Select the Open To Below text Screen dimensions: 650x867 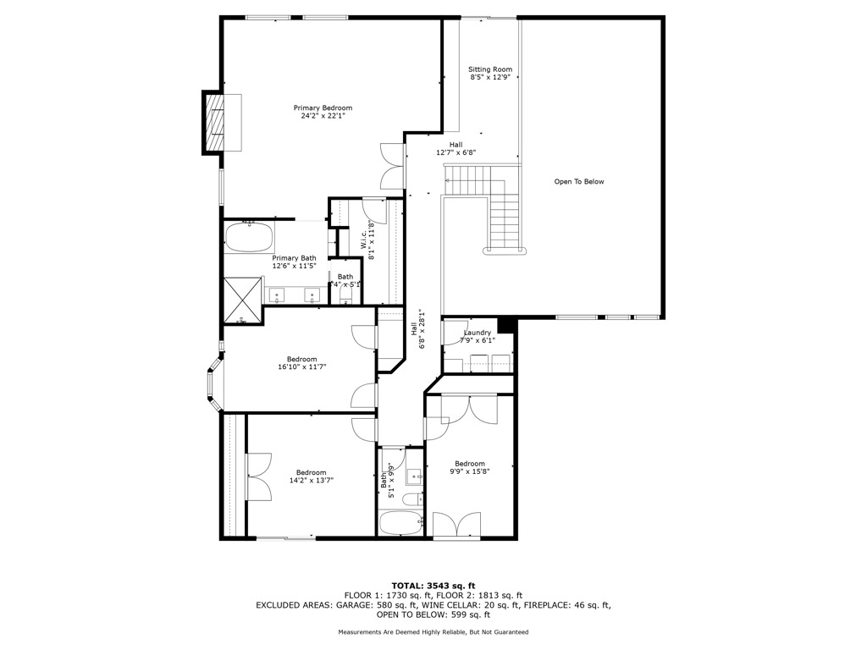click(579, 182)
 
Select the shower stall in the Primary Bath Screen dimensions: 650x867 click(243, 299)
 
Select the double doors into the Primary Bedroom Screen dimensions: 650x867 click(392, 165)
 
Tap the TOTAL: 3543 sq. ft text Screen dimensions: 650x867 click(433, 586)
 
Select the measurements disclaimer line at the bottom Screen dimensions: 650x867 click(433, 632)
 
